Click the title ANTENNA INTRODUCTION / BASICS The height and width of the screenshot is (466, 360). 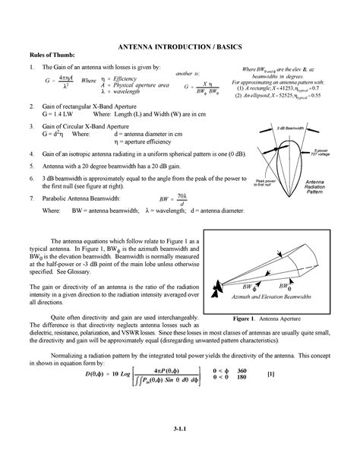click(180, 46)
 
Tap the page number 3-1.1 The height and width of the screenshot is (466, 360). click(180, 449)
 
